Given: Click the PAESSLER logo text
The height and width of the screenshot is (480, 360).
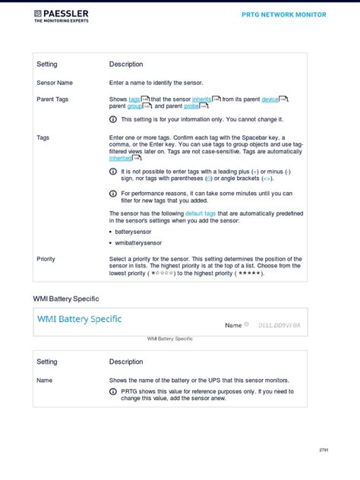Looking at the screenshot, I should click(x=66, y=14).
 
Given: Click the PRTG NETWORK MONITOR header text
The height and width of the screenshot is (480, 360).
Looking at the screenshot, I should click(x=284, y=14).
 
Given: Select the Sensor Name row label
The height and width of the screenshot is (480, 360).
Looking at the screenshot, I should click(x=55, y=82).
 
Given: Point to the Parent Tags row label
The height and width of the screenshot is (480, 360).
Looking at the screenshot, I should click(x=52, y=99).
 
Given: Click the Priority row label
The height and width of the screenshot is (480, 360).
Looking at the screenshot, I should click(x=46, y=259).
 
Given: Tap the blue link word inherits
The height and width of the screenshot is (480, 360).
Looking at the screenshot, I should click(x=202, y=99).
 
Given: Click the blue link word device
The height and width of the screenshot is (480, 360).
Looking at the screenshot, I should click(x=270, y=99).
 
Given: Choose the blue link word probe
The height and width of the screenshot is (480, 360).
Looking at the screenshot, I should click(x=191, y=106).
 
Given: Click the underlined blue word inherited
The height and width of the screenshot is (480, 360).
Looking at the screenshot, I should click(x=120, y=158).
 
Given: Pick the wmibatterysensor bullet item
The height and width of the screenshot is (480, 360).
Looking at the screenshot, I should click(x=138, y=243).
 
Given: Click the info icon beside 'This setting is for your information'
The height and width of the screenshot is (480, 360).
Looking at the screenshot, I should click(x=113, y=119).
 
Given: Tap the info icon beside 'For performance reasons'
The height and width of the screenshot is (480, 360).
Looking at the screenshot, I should click(x=113, y=194).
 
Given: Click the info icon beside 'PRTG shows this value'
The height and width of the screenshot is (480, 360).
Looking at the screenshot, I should click(x=113, y=392).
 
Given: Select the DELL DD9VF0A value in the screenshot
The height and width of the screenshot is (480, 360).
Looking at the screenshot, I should click(x=279, y=325).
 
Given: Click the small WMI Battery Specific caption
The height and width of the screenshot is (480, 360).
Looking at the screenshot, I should click(x=169, y=338).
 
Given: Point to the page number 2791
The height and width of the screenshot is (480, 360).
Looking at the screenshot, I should click(x=323, y=450).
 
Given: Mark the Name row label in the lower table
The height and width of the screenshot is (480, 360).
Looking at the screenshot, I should click(x=44, y=380).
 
